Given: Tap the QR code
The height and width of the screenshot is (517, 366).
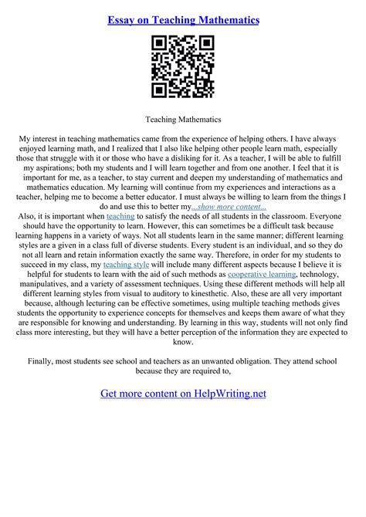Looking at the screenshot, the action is (x=183, y=66).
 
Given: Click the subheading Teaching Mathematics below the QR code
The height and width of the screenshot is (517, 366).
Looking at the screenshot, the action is (x=183, y=120).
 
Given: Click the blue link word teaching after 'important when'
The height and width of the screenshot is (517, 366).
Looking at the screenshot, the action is (x=120, y=218).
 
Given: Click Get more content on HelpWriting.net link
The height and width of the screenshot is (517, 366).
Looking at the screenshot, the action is (x=183, y=394).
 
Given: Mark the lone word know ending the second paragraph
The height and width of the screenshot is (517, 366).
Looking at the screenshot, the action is (x=183, y=342).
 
